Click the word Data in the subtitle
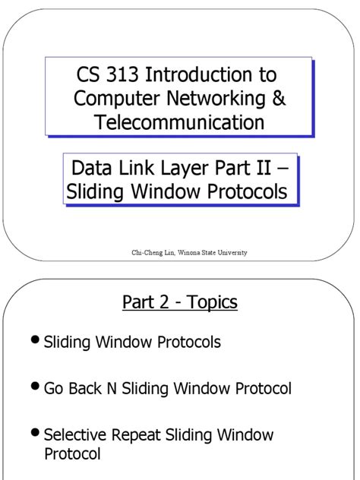pyautogui.click(x=89, y=168)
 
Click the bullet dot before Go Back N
pyautogui.click(x=36, y=387)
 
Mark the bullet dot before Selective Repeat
pyautogui.click(x=36, y=434)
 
